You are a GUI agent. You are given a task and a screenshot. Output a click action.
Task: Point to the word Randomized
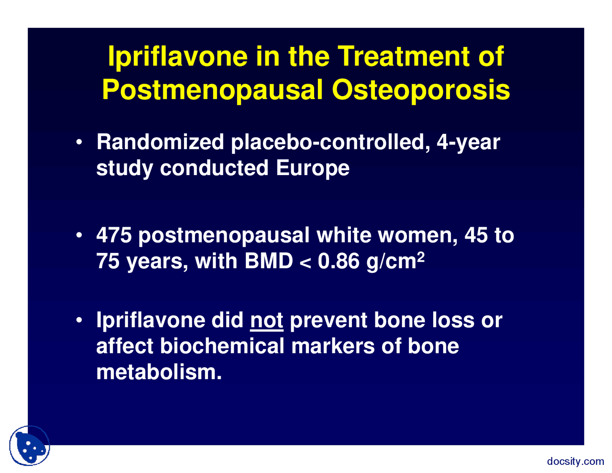click(x=160, y=142)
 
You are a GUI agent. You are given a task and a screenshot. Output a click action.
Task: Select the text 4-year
click(x=468, y=142)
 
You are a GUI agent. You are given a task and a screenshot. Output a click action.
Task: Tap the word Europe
click(x=313, y=168)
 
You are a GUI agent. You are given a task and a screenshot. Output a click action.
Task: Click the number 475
click(x=114, y=235)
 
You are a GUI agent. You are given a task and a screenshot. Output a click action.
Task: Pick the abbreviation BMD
click(x=269, y=261)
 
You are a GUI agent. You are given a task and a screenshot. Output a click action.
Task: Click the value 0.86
click(x=338, y=261)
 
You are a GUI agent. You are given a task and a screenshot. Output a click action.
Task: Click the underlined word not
click(x=267, y=320)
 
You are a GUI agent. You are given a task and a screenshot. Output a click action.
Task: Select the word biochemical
click(x=222, y=346)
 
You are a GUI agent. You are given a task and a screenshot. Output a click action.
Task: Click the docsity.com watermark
click(x=575, y=462)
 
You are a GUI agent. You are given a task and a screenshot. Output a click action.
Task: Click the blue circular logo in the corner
click(x=30, y=446)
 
